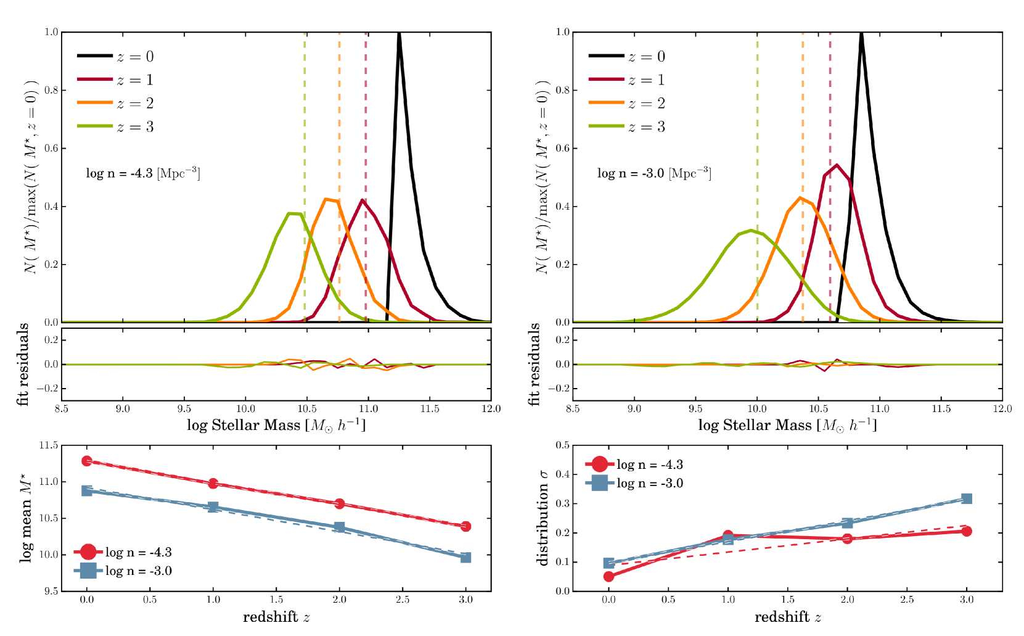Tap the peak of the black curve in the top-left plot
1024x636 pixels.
(399, 33)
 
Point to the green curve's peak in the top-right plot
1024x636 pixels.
(751, 230)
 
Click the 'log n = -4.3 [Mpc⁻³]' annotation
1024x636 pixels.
(143, 173)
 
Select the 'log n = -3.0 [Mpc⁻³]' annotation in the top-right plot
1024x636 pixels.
(654, 173)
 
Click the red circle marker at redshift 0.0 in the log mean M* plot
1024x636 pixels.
(87, 461)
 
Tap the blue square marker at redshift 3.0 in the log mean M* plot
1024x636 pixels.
(465, 558)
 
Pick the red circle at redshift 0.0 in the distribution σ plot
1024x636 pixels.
(609, 576)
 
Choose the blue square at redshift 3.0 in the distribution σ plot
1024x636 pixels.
(966, 498)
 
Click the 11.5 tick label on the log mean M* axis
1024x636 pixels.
(49, 445)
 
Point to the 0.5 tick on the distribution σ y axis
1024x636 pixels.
(562, 445)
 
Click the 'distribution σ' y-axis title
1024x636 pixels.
(543, 518)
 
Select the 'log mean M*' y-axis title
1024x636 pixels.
(26, 518)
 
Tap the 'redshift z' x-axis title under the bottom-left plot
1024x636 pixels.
(276, 617)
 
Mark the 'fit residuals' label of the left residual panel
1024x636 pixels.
(23, 364)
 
